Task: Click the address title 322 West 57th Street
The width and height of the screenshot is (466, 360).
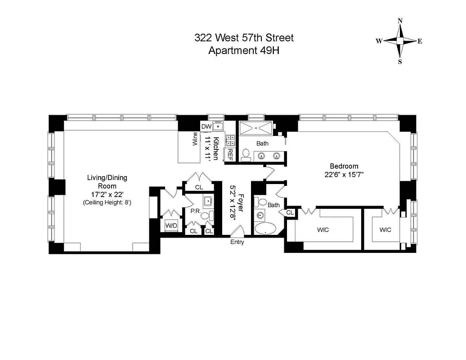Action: (x=244, y=38)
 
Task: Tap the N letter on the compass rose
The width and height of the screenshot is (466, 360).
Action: (x=400, y=21)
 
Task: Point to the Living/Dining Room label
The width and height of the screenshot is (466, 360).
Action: (x=107, y=182)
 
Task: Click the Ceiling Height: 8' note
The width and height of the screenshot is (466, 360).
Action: (x=107, y=203)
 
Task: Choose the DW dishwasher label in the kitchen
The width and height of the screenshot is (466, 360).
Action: (x=206, y=127)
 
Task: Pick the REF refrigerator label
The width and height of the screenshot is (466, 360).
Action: (x=230, y=155)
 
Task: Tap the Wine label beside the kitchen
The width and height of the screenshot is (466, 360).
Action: (x=195, y=139)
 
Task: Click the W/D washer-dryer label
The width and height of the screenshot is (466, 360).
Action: (x=171, y=225)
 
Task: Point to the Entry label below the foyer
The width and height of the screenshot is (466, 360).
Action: (x=237, y=243)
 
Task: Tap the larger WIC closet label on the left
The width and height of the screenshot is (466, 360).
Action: (x=323, y=230)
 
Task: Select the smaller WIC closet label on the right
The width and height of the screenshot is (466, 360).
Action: (x=385, y=230)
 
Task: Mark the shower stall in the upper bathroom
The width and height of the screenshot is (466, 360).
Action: (x=255, y=128)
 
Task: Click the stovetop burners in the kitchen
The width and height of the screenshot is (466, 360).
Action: (x=230, y=140)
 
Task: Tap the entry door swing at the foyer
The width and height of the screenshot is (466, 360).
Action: (x=237, y=230)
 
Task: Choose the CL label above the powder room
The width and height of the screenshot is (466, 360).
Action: (x=198, y=187)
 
